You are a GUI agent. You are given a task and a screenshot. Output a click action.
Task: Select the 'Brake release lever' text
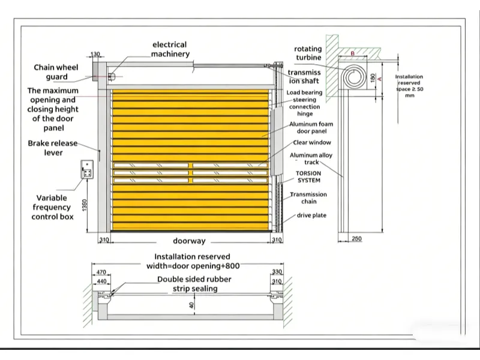(53, 148)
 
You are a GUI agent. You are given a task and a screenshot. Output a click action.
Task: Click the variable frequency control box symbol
(88, 170)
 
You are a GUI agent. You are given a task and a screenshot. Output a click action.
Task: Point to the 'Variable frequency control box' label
(52, 206)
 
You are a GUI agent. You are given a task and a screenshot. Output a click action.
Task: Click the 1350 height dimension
(86, 206)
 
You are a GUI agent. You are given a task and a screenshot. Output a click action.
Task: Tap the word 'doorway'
(189, 241)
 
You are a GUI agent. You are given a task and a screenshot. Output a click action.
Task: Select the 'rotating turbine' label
(308, 53)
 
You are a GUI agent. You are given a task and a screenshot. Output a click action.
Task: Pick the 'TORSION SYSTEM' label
(308, 176)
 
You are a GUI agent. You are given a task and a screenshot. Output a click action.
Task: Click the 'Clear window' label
(311, 143)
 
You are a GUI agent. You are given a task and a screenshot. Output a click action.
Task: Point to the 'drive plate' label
(311, 215)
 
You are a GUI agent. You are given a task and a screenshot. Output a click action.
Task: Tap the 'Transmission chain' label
(308, 198)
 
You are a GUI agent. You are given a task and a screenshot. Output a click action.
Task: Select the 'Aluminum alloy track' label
(311, 158)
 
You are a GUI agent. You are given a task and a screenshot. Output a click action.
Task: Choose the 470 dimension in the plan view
(101, 272)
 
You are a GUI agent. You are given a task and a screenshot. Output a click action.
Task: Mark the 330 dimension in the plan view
(277, 272)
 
